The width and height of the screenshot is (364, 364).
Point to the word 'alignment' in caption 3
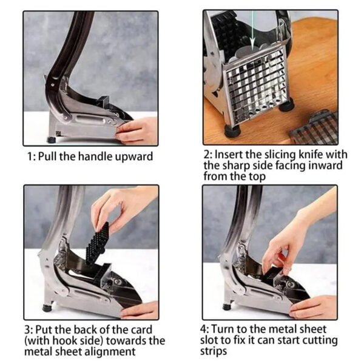point(110,352)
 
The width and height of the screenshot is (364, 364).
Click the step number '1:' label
point(32,157)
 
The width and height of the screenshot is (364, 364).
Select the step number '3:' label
point(29,330)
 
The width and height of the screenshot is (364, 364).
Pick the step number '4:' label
point(204,329)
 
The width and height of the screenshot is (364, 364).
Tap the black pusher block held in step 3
point(98,243)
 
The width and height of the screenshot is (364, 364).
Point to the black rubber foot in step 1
point(52,140)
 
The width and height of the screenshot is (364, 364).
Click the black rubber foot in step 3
point(47,308)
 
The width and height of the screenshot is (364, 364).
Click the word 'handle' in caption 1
point(95,156)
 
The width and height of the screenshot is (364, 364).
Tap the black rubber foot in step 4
point(227,307)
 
